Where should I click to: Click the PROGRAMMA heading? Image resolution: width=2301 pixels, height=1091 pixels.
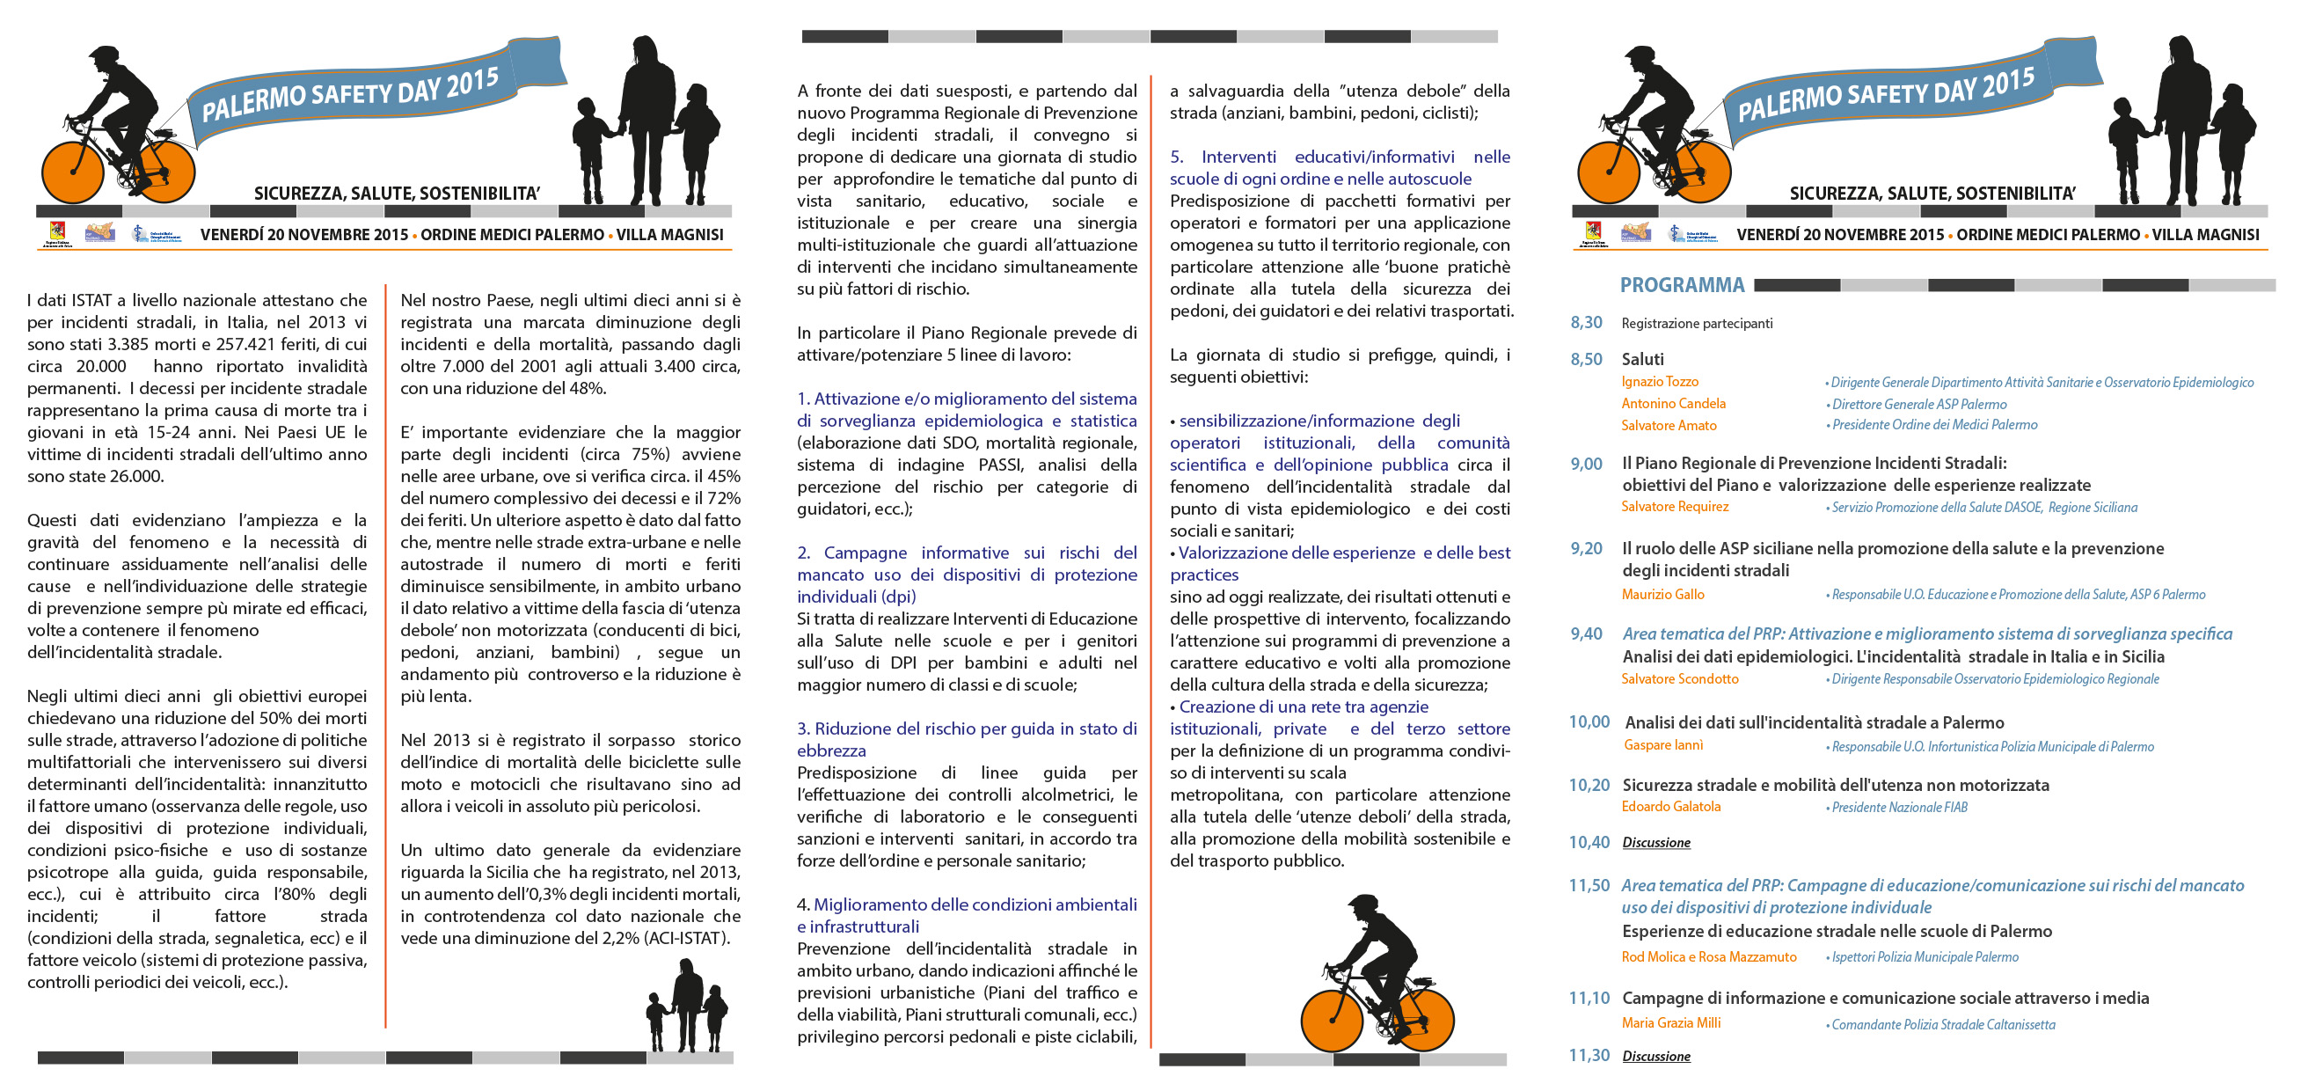point(1681,285)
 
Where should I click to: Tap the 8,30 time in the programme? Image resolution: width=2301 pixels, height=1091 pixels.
point(1587,323)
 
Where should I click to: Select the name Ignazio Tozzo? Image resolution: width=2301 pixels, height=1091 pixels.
point(1660,382)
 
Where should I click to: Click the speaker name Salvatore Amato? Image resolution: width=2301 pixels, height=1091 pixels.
point(1669,425)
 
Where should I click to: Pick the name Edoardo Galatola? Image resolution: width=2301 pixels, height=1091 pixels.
point(1670,806)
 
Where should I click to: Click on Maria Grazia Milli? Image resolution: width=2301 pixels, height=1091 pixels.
point(1670,1022)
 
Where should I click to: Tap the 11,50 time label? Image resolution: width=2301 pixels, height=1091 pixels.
point(1589,885)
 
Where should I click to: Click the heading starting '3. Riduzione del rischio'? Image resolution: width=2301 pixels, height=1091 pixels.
point(967,739)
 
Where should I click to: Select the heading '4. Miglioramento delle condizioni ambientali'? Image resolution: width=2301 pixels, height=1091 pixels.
point(967,915)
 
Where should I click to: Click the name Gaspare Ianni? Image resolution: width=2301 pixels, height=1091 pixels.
point(1662,745)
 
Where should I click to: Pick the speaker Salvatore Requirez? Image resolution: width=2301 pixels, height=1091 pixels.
point(1675,507)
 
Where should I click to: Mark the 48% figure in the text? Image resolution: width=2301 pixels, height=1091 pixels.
point(586,389)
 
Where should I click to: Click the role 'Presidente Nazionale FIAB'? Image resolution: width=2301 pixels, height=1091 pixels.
point(1899,808)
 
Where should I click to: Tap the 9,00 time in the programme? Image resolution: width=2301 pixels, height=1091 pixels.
point(1587,464)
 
